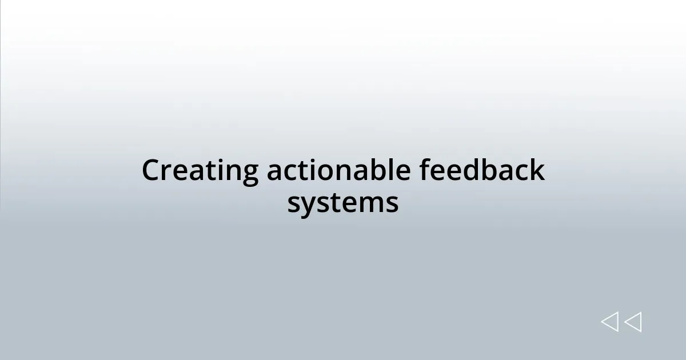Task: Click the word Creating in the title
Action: point(200,171)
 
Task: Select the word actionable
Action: point(338,171)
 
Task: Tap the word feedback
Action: point(482,171)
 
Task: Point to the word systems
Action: point(343,203)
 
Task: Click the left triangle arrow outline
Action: point(609,322)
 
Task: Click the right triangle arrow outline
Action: point(633,322)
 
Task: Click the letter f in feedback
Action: point(425,170)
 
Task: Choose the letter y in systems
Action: point(308,205)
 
